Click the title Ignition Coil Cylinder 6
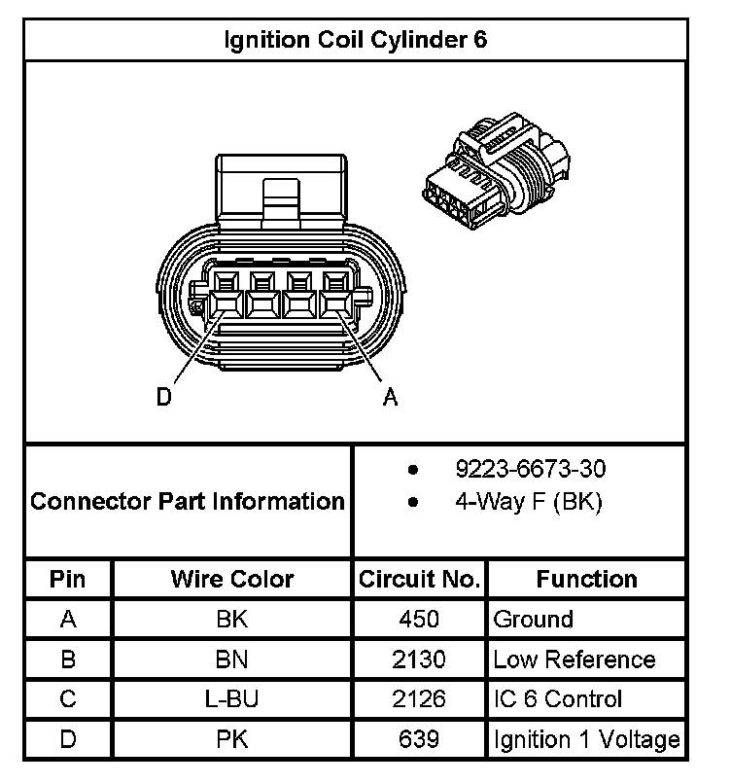tap(356, 40)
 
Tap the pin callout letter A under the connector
tap(390, 397)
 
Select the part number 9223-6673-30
tap(530, 469)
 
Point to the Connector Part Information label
tap(188, 502)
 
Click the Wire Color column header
tap(232, 580)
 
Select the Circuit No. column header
tap(419, 580)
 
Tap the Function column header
tap(586, 580)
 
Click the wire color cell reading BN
tap(231, 659)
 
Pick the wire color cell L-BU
tap(231, 699)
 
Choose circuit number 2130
tap(419, 659)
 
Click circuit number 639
tap(419, 739)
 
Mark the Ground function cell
tap(534, 620)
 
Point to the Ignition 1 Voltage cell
tap(586, 739)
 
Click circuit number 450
tap(419, 620)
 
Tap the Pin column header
tap(68, 580)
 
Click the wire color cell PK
tap(231, 739)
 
